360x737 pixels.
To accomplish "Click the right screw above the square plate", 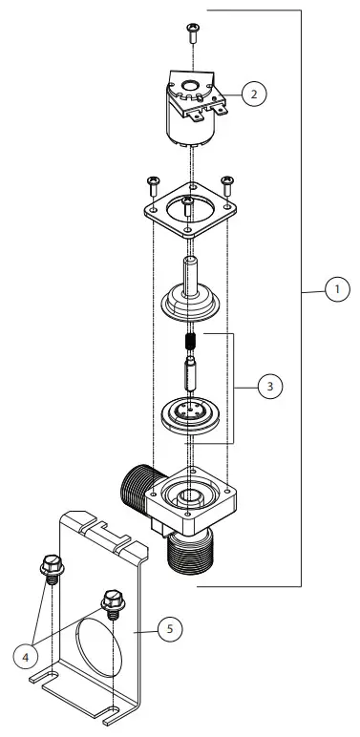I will pyautogui.click(x=227, y=181).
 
